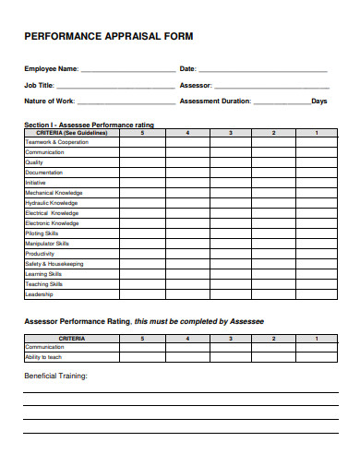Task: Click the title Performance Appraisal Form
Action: [108, 37]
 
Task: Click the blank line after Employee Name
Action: [126, 70]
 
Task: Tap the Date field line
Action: [263, 70]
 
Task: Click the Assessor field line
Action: [272, 86]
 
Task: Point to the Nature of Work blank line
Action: [127, 102]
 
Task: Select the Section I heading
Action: [89, 124]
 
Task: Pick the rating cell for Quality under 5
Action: [142, 162]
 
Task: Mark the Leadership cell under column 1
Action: [317, 294]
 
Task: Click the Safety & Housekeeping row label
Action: [54, 264]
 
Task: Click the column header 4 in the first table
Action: [187, 133]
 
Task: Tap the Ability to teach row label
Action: [43, 357]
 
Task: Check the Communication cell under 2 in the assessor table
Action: [273, 348]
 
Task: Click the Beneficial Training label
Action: [55, 376]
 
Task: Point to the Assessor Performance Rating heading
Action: [143, 321]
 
